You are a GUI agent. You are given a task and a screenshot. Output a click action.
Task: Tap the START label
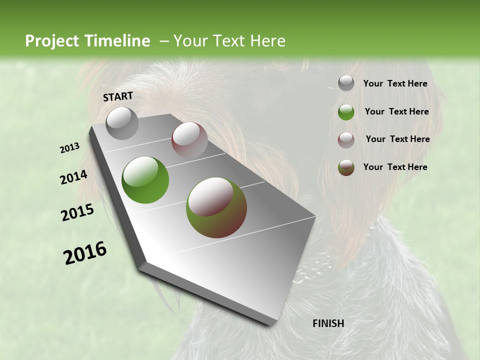point(118,96)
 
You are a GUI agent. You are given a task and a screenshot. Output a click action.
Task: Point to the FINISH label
point(328,323)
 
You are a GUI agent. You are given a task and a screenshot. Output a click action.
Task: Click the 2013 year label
point(70,148)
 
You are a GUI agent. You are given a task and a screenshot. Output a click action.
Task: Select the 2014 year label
point(73,177)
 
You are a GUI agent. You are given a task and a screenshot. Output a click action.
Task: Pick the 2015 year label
point(77,212)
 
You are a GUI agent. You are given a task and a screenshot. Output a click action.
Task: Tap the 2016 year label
point(85,253)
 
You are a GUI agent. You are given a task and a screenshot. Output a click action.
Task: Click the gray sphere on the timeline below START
point(122,123)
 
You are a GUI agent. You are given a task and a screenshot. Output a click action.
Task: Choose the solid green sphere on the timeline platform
point(145,179)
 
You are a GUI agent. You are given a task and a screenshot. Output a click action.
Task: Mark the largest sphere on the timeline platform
point(216,207)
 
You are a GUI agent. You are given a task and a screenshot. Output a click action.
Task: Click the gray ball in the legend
point(346,83)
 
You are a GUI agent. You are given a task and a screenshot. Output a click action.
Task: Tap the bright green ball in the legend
point(346,112)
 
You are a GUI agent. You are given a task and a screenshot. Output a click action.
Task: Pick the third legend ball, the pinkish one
point(346,139)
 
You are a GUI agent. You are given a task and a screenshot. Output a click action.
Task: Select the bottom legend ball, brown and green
point(346,167)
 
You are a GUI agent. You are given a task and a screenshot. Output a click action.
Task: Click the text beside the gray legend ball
point(395,84)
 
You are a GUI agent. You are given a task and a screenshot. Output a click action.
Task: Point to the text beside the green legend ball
point(396,111)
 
